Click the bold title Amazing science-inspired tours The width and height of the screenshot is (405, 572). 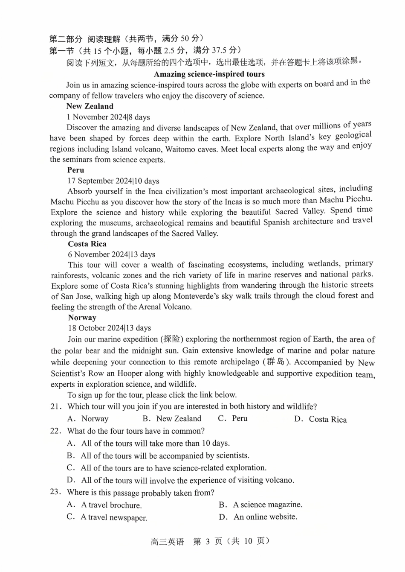(x=209, y=74)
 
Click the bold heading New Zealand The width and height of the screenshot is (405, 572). (x=90, y=106)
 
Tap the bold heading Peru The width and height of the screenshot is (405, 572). (x=75, y=170)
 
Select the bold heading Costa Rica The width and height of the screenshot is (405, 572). (x=87, y=244)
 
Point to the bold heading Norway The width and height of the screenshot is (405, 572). (x=82, y=318)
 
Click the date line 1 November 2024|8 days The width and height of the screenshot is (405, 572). (x=108, y=117)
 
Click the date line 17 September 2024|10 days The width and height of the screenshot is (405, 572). (x=113, y=181)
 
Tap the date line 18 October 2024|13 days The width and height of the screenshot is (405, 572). (x=109, y=328)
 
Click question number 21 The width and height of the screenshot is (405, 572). (x=56, y=406)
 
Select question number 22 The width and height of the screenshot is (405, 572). (x=56, y=431)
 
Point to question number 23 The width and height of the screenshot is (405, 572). (x=56, y=492)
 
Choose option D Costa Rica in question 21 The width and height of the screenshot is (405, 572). (x=321, y=419)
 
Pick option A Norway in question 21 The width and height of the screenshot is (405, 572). (x=88, y=419)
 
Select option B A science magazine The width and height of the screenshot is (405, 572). (x=261, y=505)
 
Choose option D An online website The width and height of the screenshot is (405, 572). (x=258, y=517)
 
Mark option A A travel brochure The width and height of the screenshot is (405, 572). (x=104, y=505)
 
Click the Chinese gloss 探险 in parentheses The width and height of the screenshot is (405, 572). (x=172, y=339)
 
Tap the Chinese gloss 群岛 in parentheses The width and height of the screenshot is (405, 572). (x=275, y=362)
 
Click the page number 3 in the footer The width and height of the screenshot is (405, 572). (x=208, y=541)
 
